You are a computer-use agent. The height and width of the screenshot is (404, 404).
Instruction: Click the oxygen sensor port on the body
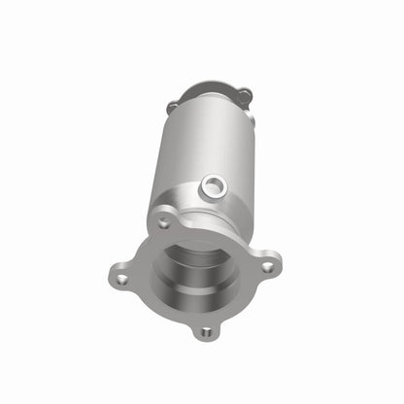pos(213,186)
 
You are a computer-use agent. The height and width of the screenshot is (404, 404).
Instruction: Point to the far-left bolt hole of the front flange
pos(121,280)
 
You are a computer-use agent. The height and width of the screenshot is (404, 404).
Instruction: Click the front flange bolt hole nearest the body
pos(164,223)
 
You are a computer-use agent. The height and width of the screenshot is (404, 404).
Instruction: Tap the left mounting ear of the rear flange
pos(172,107)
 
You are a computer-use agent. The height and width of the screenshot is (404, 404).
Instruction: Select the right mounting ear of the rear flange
pos(245,95)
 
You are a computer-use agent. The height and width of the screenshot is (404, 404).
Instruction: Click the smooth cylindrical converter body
pos(189,146)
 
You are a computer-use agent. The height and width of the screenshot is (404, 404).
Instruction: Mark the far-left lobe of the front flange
pos(119,279)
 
